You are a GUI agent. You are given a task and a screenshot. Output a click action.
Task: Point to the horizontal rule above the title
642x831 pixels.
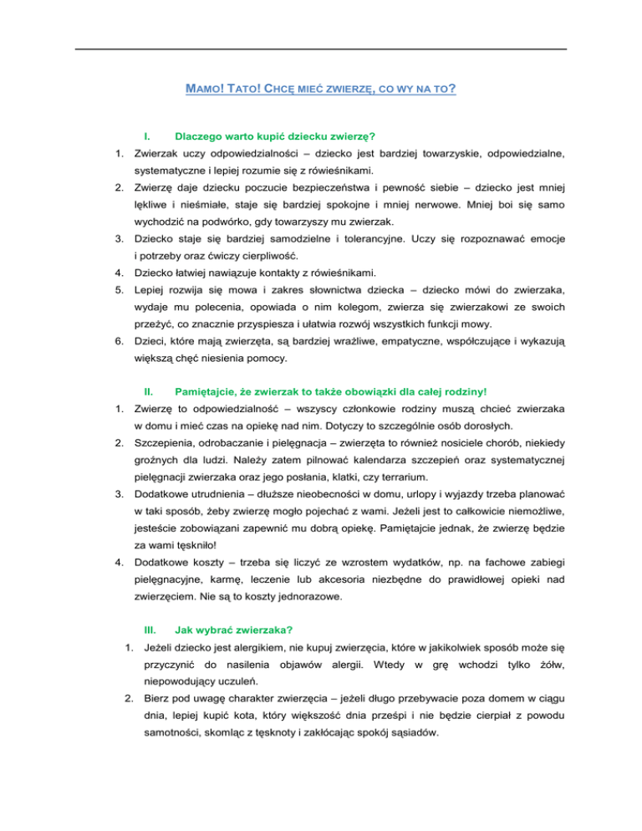click(x=321, y=49)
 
